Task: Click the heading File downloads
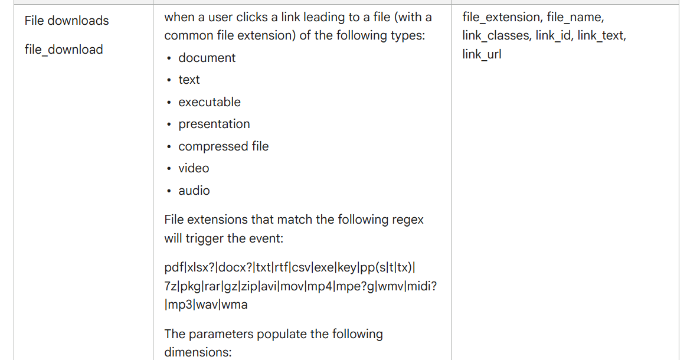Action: click(x=67, y=21)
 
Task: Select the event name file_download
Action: click(x=64, y=50)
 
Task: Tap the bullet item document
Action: click(x=207, y=58)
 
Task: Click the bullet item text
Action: click(x=189, y=80)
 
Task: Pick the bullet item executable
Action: click(x=210, y=102)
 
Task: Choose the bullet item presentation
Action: click(x=214, y=124)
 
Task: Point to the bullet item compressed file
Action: click(x=224, y=146)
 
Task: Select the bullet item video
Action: click(x=194, y=168)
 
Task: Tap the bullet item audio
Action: click(x=194, y=191)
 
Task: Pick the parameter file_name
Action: click(x=575, y=17)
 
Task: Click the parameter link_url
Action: click(x=482, y=54)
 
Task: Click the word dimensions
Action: click(x=198, y=352)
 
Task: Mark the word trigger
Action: click(x=205, y=238)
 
